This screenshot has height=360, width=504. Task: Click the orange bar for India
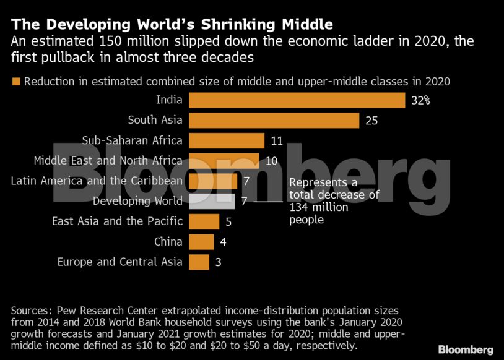tap(297, 100)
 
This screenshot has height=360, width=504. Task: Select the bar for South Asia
tap(274, 120)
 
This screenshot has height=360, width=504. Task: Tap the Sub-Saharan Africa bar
tap(226, 140)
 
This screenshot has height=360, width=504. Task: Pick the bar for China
tap(201, 241)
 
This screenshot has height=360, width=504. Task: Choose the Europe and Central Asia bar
tap(199, 262)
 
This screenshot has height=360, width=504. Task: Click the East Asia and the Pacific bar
tap(204, 221)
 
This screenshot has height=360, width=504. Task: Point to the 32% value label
tap(420, 100)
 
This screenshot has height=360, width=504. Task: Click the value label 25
tap(371, 121)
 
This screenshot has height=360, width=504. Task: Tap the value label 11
tap(277, 140)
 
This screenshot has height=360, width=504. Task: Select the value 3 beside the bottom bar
tap(218, 262)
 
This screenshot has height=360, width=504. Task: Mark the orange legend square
tap(15, 82)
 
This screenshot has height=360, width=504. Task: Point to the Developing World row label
tap(137, 201)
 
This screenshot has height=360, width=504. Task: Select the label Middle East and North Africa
tap(108, 161)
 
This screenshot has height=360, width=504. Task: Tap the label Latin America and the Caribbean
tap(97, 181)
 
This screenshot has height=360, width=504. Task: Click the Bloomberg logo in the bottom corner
tap(466, 349)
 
